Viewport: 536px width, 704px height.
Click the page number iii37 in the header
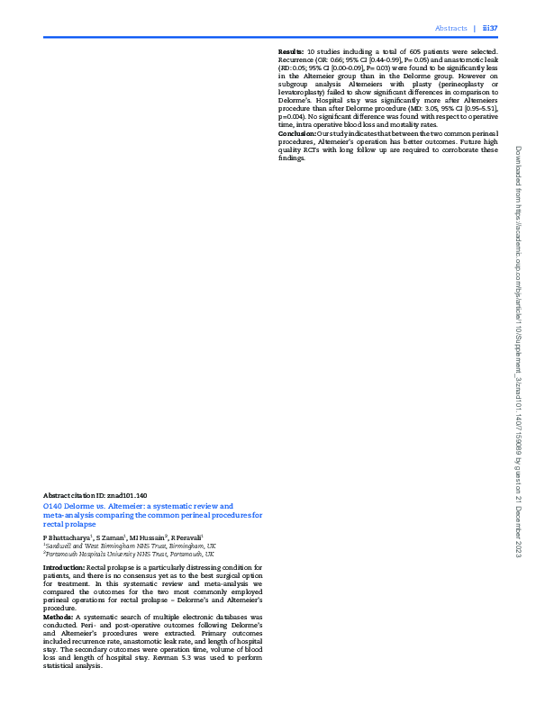tap(490, 28)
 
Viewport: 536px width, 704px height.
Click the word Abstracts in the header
tap(450, 28)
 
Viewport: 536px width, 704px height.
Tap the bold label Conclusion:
tap(296, 133)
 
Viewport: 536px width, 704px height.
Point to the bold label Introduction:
tap(63, 569)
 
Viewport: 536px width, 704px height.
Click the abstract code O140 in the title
tap(52, 506)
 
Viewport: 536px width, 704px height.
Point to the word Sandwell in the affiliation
tap(59, 546)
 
